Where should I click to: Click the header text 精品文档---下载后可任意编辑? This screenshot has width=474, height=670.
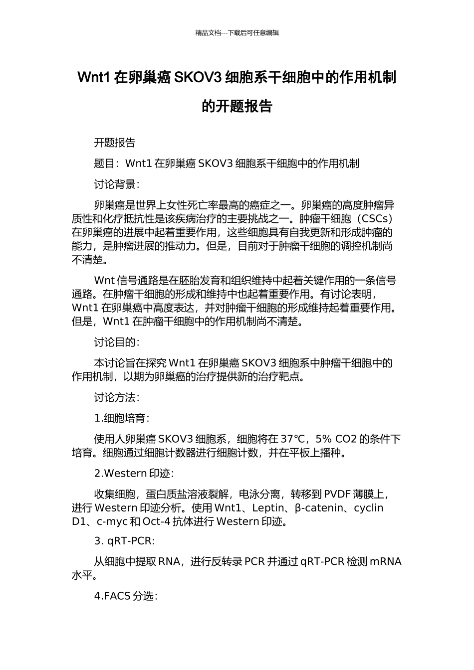[x=237, y=33]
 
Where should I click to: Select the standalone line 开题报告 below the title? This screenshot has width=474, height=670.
[x=115, y=143]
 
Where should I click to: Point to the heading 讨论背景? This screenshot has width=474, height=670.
[x=117, y=184]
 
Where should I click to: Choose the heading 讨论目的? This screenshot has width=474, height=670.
[x=117, y=342]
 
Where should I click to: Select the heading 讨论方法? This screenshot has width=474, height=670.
[x=117, y=397]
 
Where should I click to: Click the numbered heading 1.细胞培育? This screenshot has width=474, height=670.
[x=122, y=418]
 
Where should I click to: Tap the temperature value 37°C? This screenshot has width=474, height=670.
[x=292, y=439]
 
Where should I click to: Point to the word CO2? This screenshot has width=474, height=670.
[x=346, y=439]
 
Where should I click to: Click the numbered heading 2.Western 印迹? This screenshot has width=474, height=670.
[x=134, y=474]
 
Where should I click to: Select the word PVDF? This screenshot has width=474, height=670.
[x=337, y=495]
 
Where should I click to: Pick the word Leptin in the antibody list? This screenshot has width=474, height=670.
[x=268, y=508]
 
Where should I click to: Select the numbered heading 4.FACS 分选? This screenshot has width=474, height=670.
[x=126, y=596]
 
